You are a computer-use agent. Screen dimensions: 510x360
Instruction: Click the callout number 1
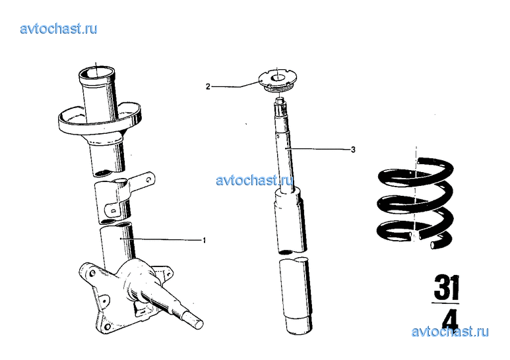pyautogui.click(x=205, y=241)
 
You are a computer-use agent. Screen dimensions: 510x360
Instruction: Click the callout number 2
pyautogui.click(x=208, y=87)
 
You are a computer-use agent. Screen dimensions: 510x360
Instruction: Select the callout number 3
pyautogui.click(x=353, y=150)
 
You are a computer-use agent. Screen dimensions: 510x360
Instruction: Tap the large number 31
pyautogui.click(x=446, y=288)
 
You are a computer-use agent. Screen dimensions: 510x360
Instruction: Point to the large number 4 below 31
pyautogui.click(x=450, y=319)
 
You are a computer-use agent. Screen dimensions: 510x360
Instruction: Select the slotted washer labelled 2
pyautogui.click(x=277, y=81)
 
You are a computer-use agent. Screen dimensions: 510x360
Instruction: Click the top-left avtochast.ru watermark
pyautogui.click(x=59, y=29)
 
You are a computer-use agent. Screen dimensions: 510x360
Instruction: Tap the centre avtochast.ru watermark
pyautogui.click(x=255, y=180)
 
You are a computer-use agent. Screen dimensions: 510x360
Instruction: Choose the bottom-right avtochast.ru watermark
pyautogui.click(x=450, y=332)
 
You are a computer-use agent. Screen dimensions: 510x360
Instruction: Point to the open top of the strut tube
pyautogui.click(x=96, y=73)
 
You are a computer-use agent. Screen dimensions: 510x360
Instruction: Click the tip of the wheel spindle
pyautogui.click(x=198, y=324)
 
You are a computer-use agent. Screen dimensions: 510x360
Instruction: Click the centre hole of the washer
pyautogui.click(x=277, y=78)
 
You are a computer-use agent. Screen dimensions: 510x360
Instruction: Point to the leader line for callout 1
pyautogui.click(x=161, y=239)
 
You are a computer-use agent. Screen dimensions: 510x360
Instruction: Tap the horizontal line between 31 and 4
pyautogui.click(x=445, y=303)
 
